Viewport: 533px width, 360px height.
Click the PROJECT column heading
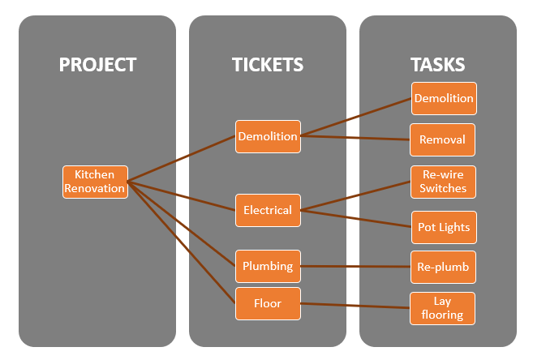[x=97, y=65]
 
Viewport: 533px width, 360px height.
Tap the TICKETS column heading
[x=268, y=65]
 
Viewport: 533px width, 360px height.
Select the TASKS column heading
[x=438, y=65]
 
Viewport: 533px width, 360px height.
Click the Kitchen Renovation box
[x=96, y=182]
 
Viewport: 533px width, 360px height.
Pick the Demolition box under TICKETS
[x=268, y=136]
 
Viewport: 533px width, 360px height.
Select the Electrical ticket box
[x=268, y=210]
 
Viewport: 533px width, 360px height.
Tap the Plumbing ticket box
[x=268, y=265]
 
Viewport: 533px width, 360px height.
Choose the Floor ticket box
[x=268, y=303]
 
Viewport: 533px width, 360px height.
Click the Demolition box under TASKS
[x=443, y=98]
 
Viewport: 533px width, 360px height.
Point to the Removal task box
[x=442, y=139]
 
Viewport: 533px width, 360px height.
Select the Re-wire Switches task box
[x=442, y=182]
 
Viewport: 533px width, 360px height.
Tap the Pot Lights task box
[x=442, y=227]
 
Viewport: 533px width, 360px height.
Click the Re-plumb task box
[x=442, y=266]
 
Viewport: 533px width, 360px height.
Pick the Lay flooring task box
[x=442, y=308]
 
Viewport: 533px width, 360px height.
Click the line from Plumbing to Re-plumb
[x=355, y=266]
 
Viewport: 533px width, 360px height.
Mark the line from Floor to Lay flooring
[x=355, y=306]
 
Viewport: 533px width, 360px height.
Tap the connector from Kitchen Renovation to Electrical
[x=183, y=195]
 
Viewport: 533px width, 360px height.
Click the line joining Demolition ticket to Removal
[x=355, y=138]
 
